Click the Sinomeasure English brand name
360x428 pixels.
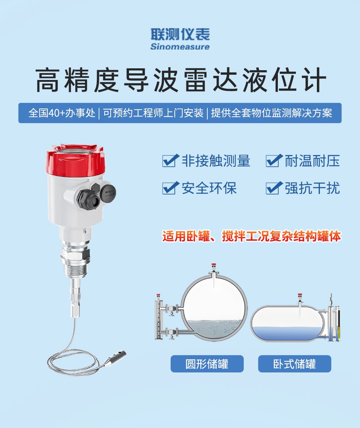coord(180,47)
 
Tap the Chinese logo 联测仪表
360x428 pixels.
coord(180,35)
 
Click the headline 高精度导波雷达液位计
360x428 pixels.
coord(181,80)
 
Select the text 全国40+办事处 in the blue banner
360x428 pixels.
coord(61,113)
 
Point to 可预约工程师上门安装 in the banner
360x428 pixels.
coord(153,113)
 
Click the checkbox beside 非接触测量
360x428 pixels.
coord(171,161)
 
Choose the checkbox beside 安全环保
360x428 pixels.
coord(171,188)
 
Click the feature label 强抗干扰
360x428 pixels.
coord(312,188)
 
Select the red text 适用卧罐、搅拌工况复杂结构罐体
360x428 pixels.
coord(252,236)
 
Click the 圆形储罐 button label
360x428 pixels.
coord(207,364)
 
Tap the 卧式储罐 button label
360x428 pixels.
coord(294,364)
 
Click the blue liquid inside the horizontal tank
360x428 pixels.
coord(286,333)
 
